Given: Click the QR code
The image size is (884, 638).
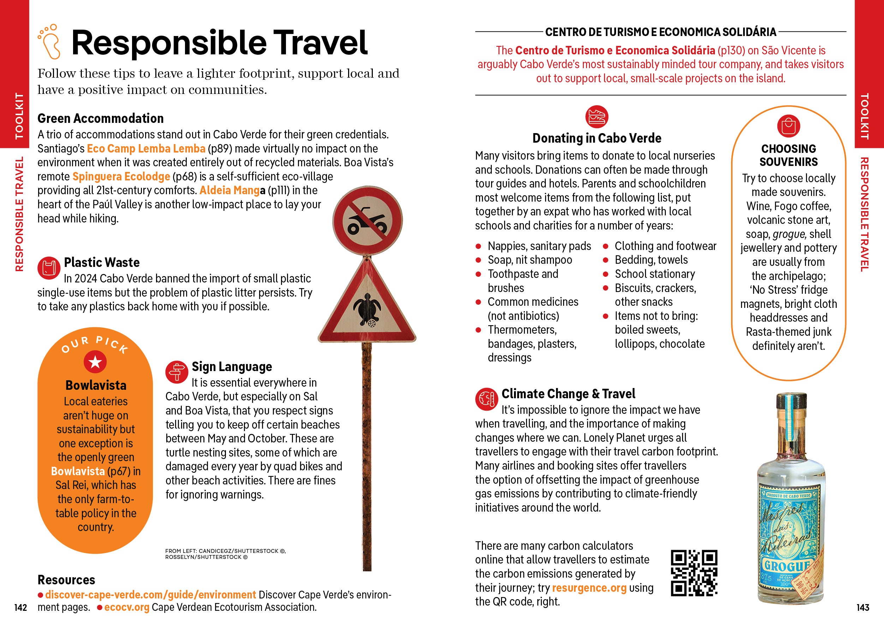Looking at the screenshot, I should (694, 573).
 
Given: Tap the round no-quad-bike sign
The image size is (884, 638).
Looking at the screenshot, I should (367, 221).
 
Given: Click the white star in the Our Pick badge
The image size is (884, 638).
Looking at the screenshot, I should (95, 362).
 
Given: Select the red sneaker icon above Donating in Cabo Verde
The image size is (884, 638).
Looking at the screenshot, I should (596, 116).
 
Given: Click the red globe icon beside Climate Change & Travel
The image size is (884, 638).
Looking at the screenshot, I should (486, 399).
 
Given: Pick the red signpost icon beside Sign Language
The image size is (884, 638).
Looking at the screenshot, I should (177, 372).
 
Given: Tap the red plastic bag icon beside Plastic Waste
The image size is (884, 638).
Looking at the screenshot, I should (49, 268).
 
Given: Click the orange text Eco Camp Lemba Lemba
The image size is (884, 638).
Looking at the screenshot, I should (146, 149).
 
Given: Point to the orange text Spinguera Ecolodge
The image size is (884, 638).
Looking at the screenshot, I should (121, 177).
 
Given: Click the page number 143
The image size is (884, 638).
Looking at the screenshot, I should (862, 607).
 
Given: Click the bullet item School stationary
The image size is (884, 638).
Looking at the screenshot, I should (655, 274).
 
